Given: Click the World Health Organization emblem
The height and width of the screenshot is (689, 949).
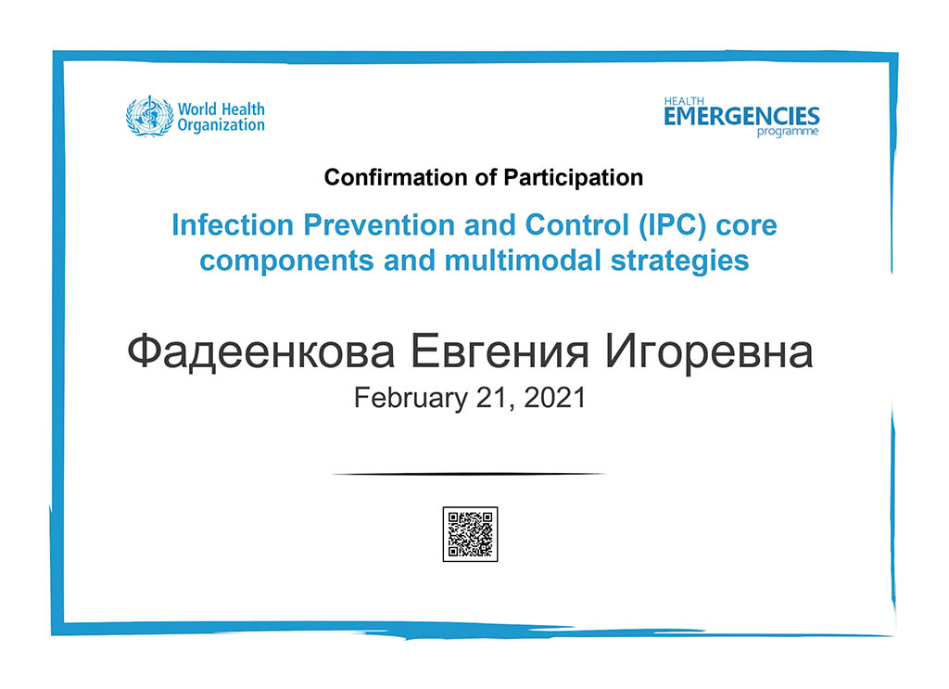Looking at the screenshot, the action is [x=149, y=116].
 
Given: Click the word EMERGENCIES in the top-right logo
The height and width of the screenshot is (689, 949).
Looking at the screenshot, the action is [x=741, y=116].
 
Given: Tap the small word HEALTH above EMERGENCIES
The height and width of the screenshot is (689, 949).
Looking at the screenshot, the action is [x=685, y=101].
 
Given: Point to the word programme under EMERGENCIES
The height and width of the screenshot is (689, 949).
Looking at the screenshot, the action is [x=788, y=132].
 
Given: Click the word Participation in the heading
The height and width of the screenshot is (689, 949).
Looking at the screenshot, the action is [x=573, y=178].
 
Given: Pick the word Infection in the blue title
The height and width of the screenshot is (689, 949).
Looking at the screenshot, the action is [x=233, y=225].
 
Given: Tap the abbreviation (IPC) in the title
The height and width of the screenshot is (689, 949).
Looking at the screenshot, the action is [x=673, y=225].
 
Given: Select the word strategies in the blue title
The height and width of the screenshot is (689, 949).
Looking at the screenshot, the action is [x=679, y=262].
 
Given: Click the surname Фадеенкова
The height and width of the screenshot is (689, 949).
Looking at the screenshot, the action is [x=261, y=351].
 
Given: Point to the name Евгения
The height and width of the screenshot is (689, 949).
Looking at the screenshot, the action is [x=500, y=351].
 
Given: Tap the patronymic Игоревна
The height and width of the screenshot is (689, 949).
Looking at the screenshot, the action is [x=709, y=351].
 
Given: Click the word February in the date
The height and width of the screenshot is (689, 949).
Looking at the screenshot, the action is [x=411, y=398].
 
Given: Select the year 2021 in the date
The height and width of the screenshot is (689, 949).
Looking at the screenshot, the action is [x=554, y=398].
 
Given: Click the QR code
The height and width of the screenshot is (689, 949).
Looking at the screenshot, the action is [x=470, y=535].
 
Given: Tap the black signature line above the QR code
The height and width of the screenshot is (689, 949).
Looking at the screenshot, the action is [x=469, y=474].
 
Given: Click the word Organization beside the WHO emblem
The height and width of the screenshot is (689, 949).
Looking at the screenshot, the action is [x=221, y=125].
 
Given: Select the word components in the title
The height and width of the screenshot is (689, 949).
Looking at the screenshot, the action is [x=287, y=262].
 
